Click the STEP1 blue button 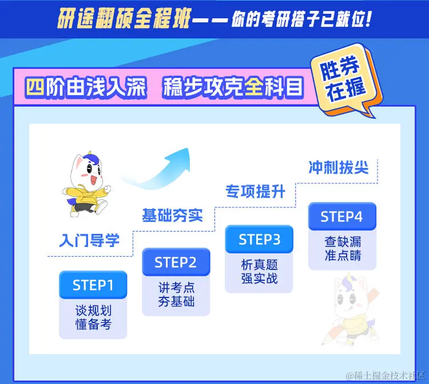point(93,285)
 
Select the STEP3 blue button point(259,239)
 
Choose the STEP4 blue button point(341,217)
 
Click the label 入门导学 point(89,240)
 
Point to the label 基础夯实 point(172,215)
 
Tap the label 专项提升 point(255,191)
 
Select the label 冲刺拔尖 point(338,167)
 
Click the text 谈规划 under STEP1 point(93,311)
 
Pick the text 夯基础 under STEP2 point(176,301)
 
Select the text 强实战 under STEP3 point(259,279)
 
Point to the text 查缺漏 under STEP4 point(342,242)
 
